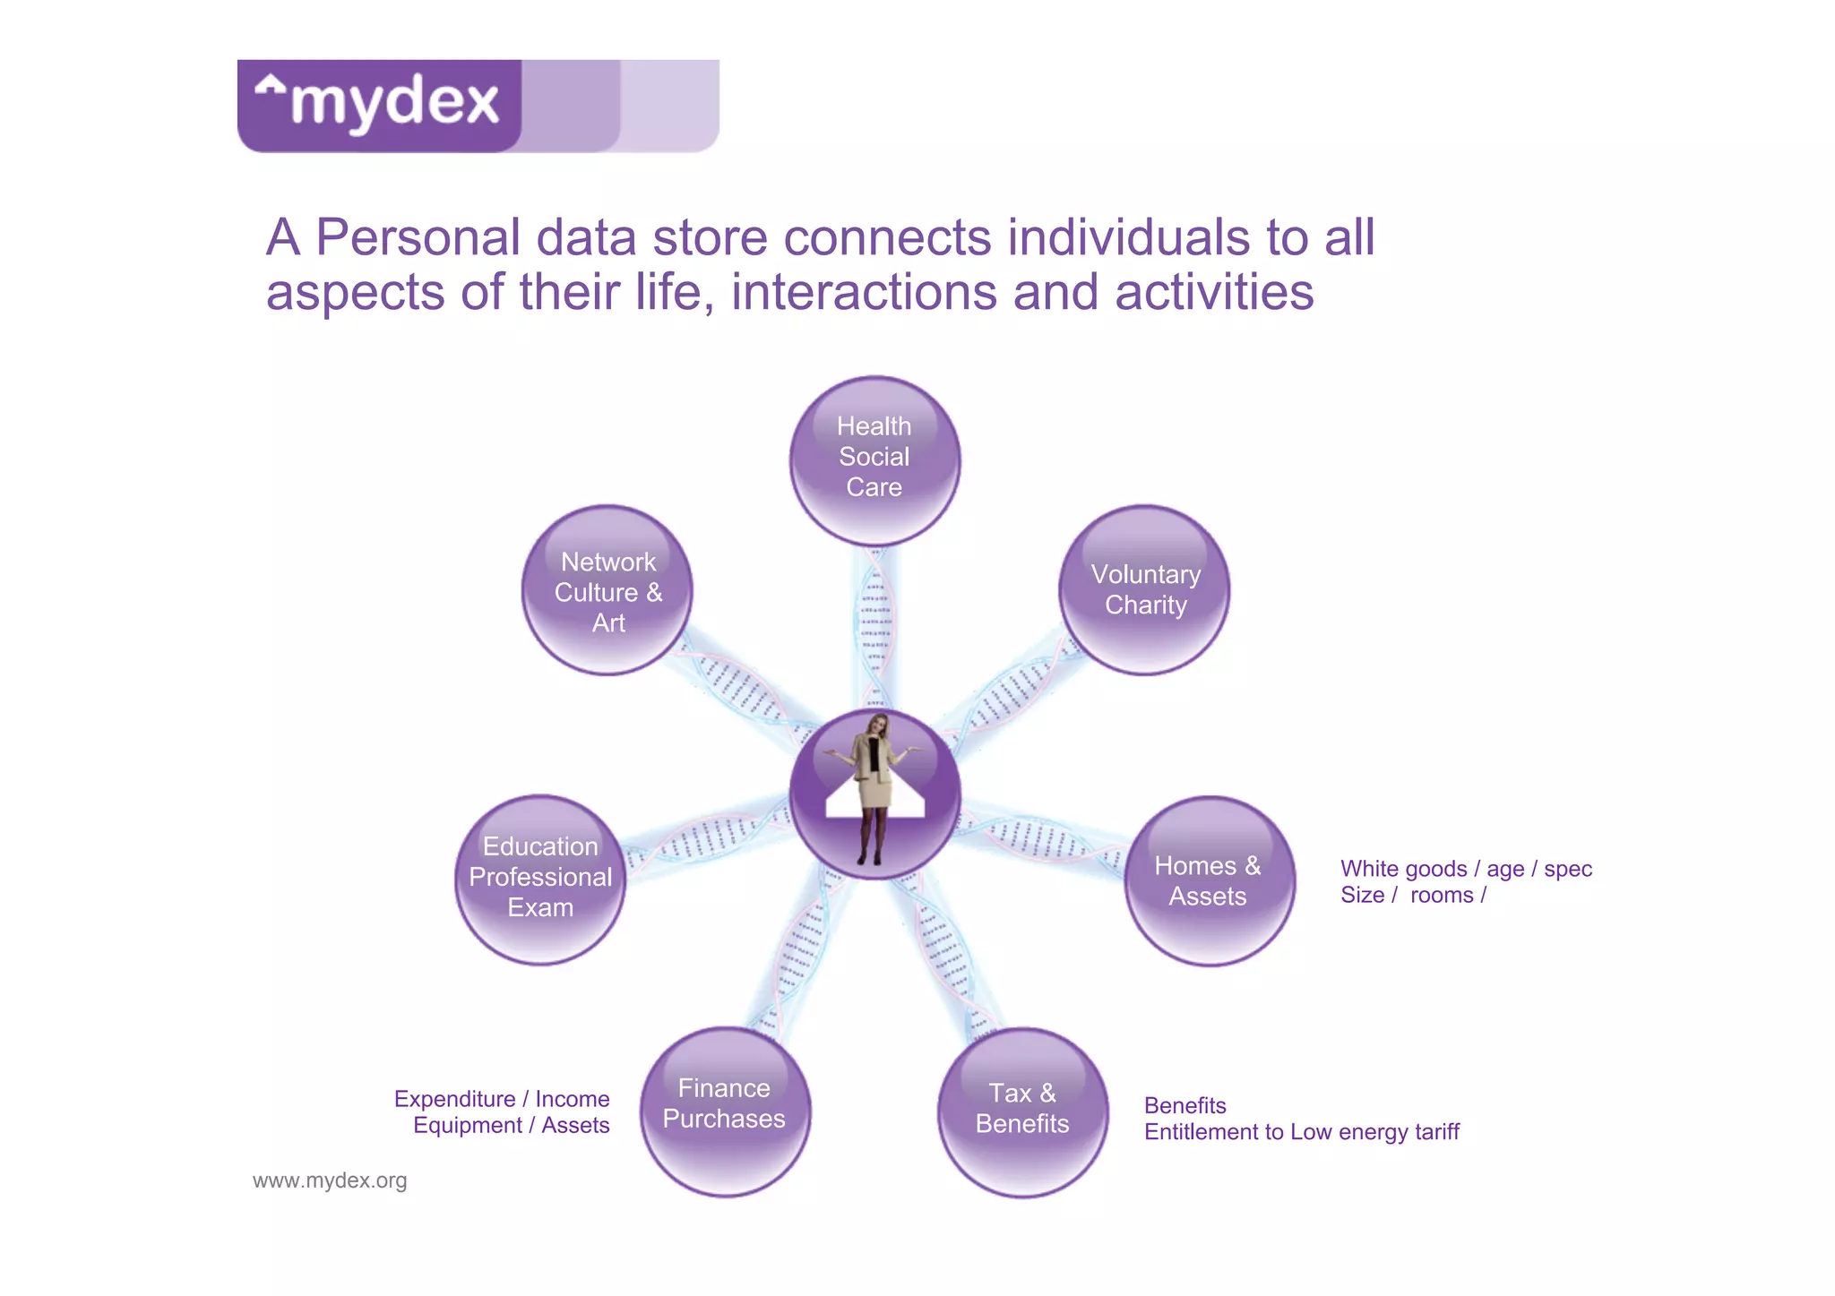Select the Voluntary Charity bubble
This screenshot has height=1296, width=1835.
1144,590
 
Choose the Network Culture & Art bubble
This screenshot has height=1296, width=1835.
607,591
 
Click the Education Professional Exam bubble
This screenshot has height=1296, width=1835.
540,878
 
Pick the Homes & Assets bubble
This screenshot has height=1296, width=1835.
1209,881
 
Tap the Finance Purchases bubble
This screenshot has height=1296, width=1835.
725,1111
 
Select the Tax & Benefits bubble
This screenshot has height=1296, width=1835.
1022,1111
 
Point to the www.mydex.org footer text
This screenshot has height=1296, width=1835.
330,1180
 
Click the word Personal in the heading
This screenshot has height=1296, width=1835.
418,238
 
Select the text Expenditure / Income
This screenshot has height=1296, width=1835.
502,1099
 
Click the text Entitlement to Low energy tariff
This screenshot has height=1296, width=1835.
1301,1132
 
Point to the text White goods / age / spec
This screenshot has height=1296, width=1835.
1466,869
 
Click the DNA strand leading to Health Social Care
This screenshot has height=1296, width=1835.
874,627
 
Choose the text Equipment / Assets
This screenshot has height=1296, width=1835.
511,1125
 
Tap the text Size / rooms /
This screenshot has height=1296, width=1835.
1413,896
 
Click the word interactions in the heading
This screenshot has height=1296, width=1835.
864,293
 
